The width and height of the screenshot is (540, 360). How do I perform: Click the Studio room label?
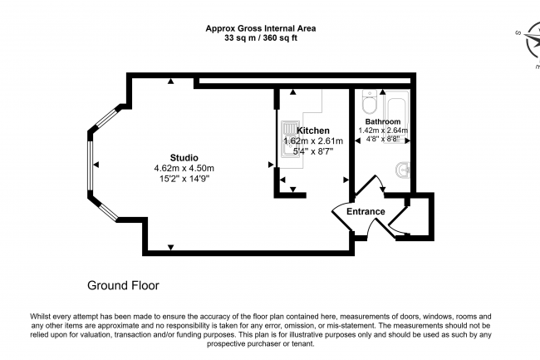[184, 158]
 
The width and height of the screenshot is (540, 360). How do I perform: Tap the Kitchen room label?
[313, 131]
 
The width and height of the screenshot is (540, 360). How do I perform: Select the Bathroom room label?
[383, 121]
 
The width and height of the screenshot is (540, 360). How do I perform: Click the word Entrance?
[366, 211]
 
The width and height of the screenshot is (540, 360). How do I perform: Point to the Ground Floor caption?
[123, 285]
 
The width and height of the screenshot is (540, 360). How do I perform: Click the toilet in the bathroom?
[369, 101]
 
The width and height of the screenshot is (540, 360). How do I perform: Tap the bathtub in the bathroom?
[397, 116]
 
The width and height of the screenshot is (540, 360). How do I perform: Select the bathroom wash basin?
[402, 170]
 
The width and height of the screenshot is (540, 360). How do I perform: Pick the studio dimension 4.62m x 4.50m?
[184, 169]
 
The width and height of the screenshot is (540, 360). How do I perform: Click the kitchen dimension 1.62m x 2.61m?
[313, 141]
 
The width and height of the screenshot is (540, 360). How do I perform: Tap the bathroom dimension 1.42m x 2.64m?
[383, 131]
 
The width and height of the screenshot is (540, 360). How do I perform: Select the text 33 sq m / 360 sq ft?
[261, 38]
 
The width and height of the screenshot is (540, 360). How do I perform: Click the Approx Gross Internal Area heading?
[261, 28]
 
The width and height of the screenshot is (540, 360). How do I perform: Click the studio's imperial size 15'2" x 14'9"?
[184, 179]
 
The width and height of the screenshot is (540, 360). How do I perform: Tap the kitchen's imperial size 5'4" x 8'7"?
[313, 151]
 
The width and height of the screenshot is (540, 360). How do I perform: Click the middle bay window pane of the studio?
[91, 165]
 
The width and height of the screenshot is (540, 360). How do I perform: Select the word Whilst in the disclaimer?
[41, 317]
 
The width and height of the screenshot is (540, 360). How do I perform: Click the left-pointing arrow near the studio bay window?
[96, 165]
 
